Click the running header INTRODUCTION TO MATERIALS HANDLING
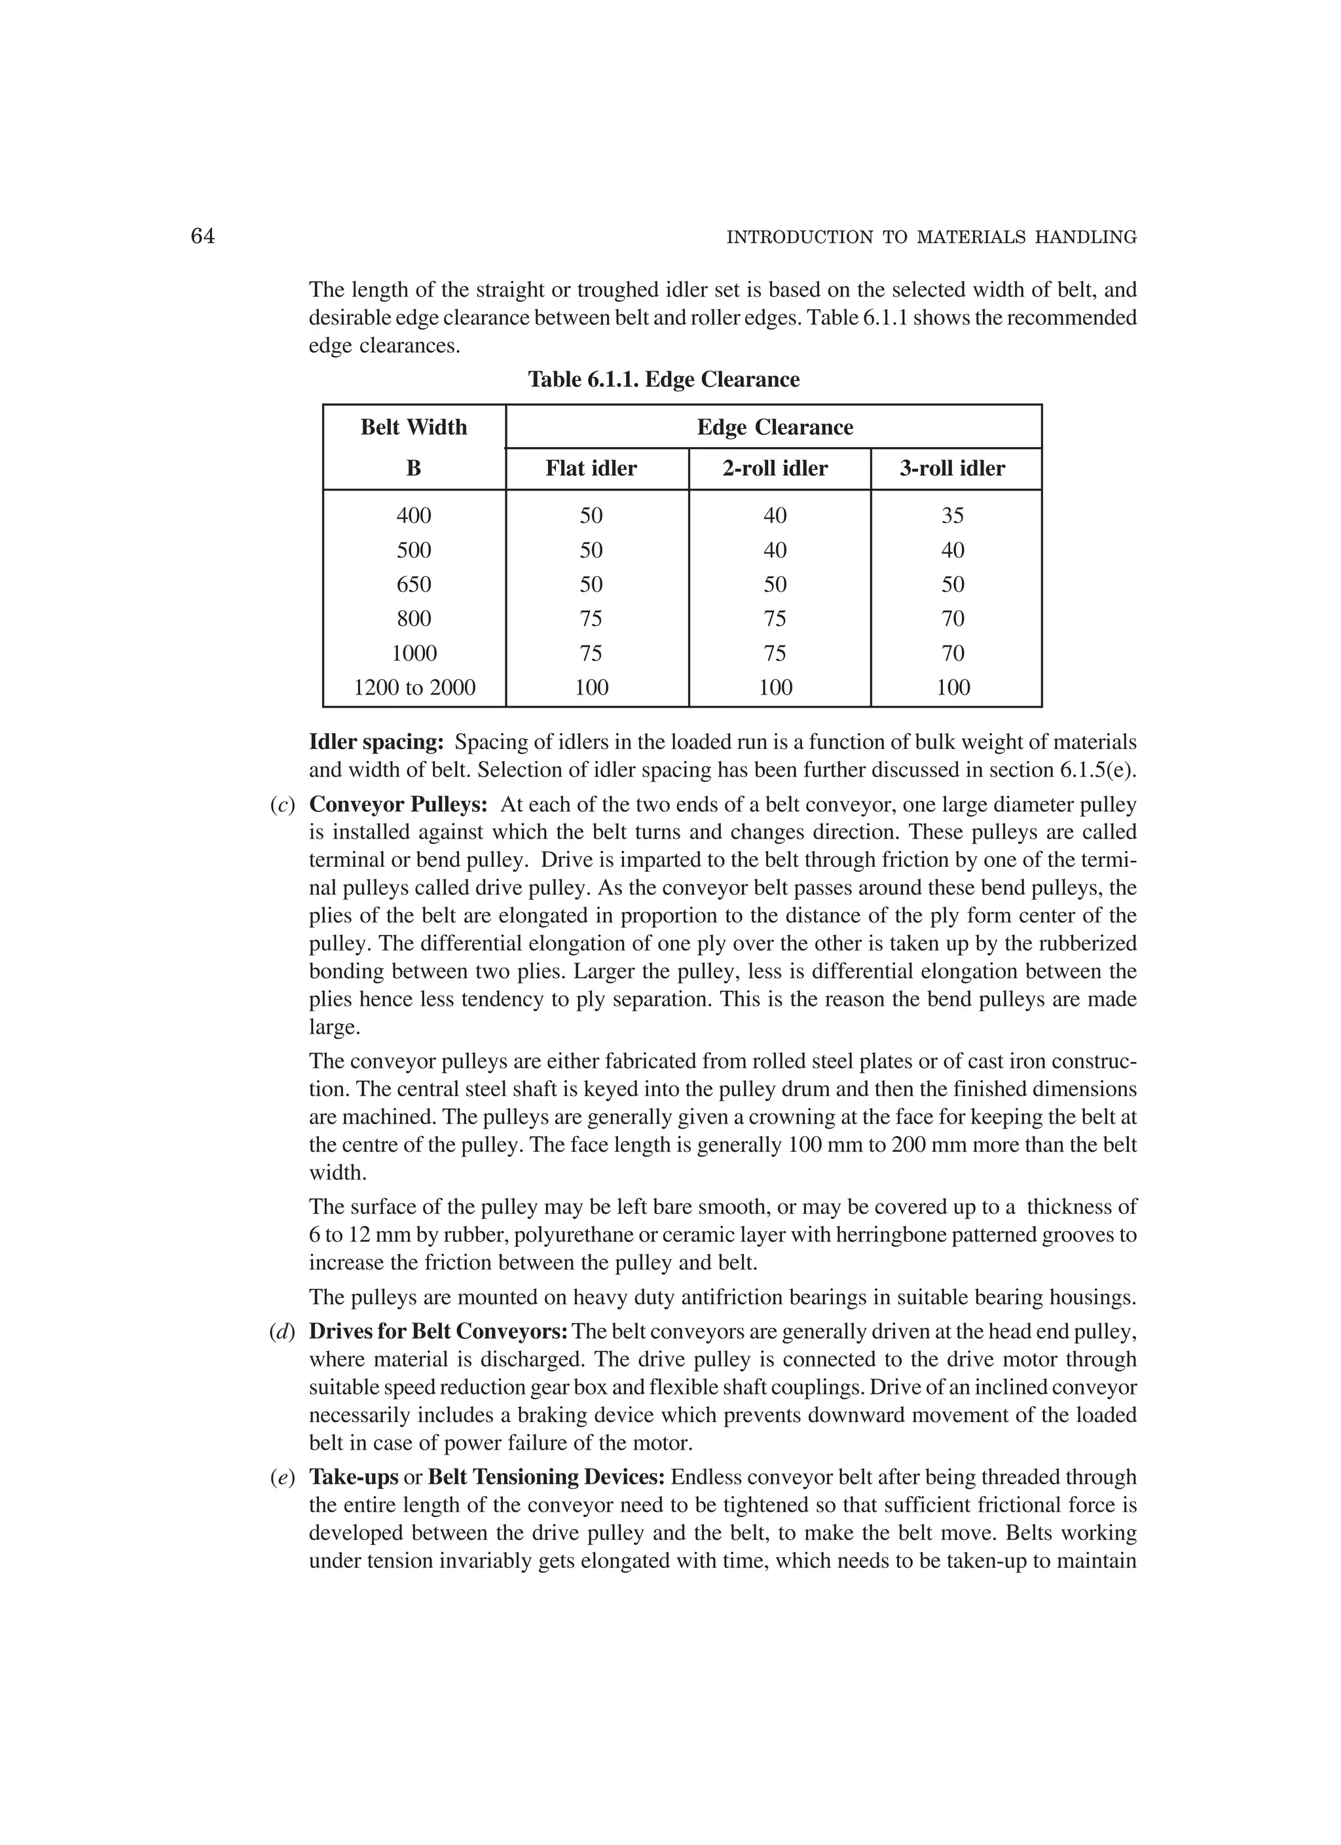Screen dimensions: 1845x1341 [x=931, y=238]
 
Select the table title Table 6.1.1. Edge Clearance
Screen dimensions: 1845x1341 [x=664, y=380]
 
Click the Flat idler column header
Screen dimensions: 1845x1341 [x=591, y=469]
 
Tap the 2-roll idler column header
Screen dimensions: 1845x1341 [x=775, y=469]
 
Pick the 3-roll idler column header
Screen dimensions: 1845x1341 [x=952, y=469]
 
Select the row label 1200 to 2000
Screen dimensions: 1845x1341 [x=414, y=688]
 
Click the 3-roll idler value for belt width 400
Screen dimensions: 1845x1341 [x=952, y=516]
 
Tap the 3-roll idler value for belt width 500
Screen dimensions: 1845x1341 [x=952, y=551]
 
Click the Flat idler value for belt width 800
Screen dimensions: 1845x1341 [x=591, y=619]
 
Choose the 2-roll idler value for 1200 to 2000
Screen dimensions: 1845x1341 [x=775, y=688]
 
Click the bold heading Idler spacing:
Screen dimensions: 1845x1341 [x=376, y=742]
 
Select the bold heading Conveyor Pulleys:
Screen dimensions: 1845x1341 [x=398, y=805]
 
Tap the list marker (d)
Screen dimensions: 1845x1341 [x=282, y=1332]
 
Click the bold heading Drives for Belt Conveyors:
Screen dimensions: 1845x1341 [x=439, y=1332]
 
